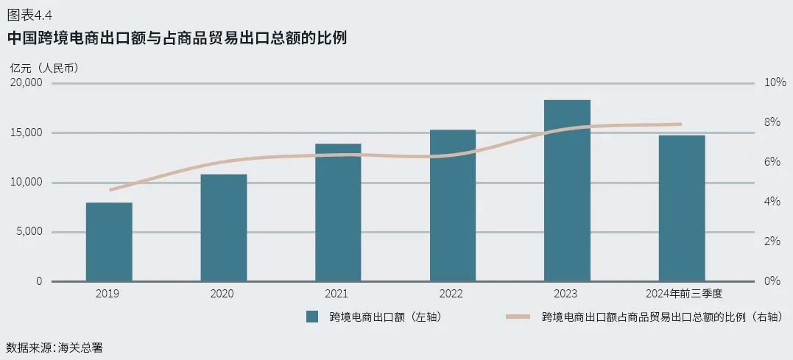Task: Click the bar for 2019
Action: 109,241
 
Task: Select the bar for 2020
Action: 224,227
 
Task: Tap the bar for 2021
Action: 338,212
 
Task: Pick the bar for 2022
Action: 453,205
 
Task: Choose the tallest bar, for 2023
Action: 567,190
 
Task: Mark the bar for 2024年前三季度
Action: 682,208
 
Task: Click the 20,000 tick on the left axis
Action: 27,82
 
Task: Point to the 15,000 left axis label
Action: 27,133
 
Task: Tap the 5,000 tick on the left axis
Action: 29,232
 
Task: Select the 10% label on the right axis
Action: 775,82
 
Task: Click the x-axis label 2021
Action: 336,294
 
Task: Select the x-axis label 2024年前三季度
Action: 682,294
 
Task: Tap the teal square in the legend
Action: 312,317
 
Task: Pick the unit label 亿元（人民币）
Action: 44,67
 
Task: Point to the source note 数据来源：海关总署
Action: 54,347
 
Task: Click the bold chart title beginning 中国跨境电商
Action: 177,38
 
